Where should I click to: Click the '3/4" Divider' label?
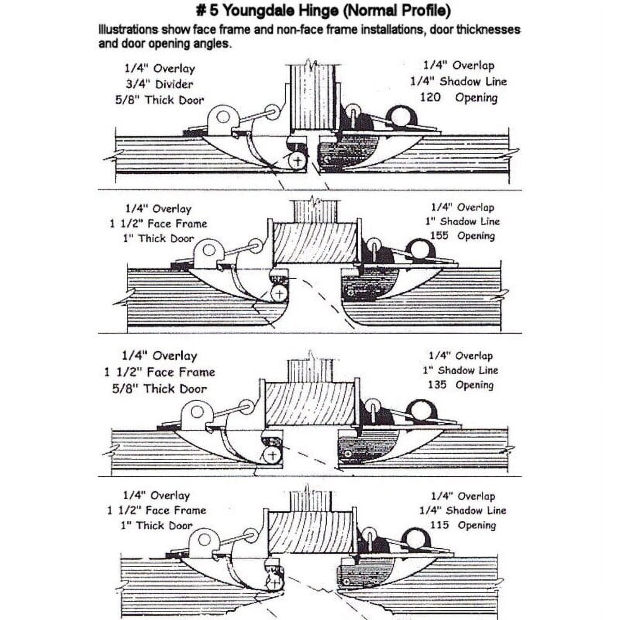159,84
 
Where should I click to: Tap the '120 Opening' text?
459,97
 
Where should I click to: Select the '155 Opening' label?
462,236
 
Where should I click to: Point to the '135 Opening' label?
461,385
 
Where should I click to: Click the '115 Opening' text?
463,525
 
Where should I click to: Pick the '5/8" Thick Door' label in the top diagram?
159,100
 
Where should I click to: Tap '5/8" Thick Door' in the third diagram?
159,388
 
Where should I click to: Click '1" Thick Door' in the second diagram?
158,238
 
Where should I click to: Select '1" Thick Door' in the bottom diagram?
157,525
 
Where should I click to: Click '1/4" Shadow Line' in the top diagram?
459,81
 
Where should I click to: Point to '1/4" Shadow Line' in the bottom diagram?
463,510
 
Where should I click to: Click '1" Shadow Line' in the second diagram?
462,221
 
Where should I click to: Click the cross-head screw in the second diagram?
279,293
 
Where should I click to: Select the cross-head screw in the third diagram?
272,455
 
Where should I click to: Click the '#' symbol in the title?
201,10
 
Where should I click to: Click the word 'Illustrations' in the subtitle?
128,29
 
